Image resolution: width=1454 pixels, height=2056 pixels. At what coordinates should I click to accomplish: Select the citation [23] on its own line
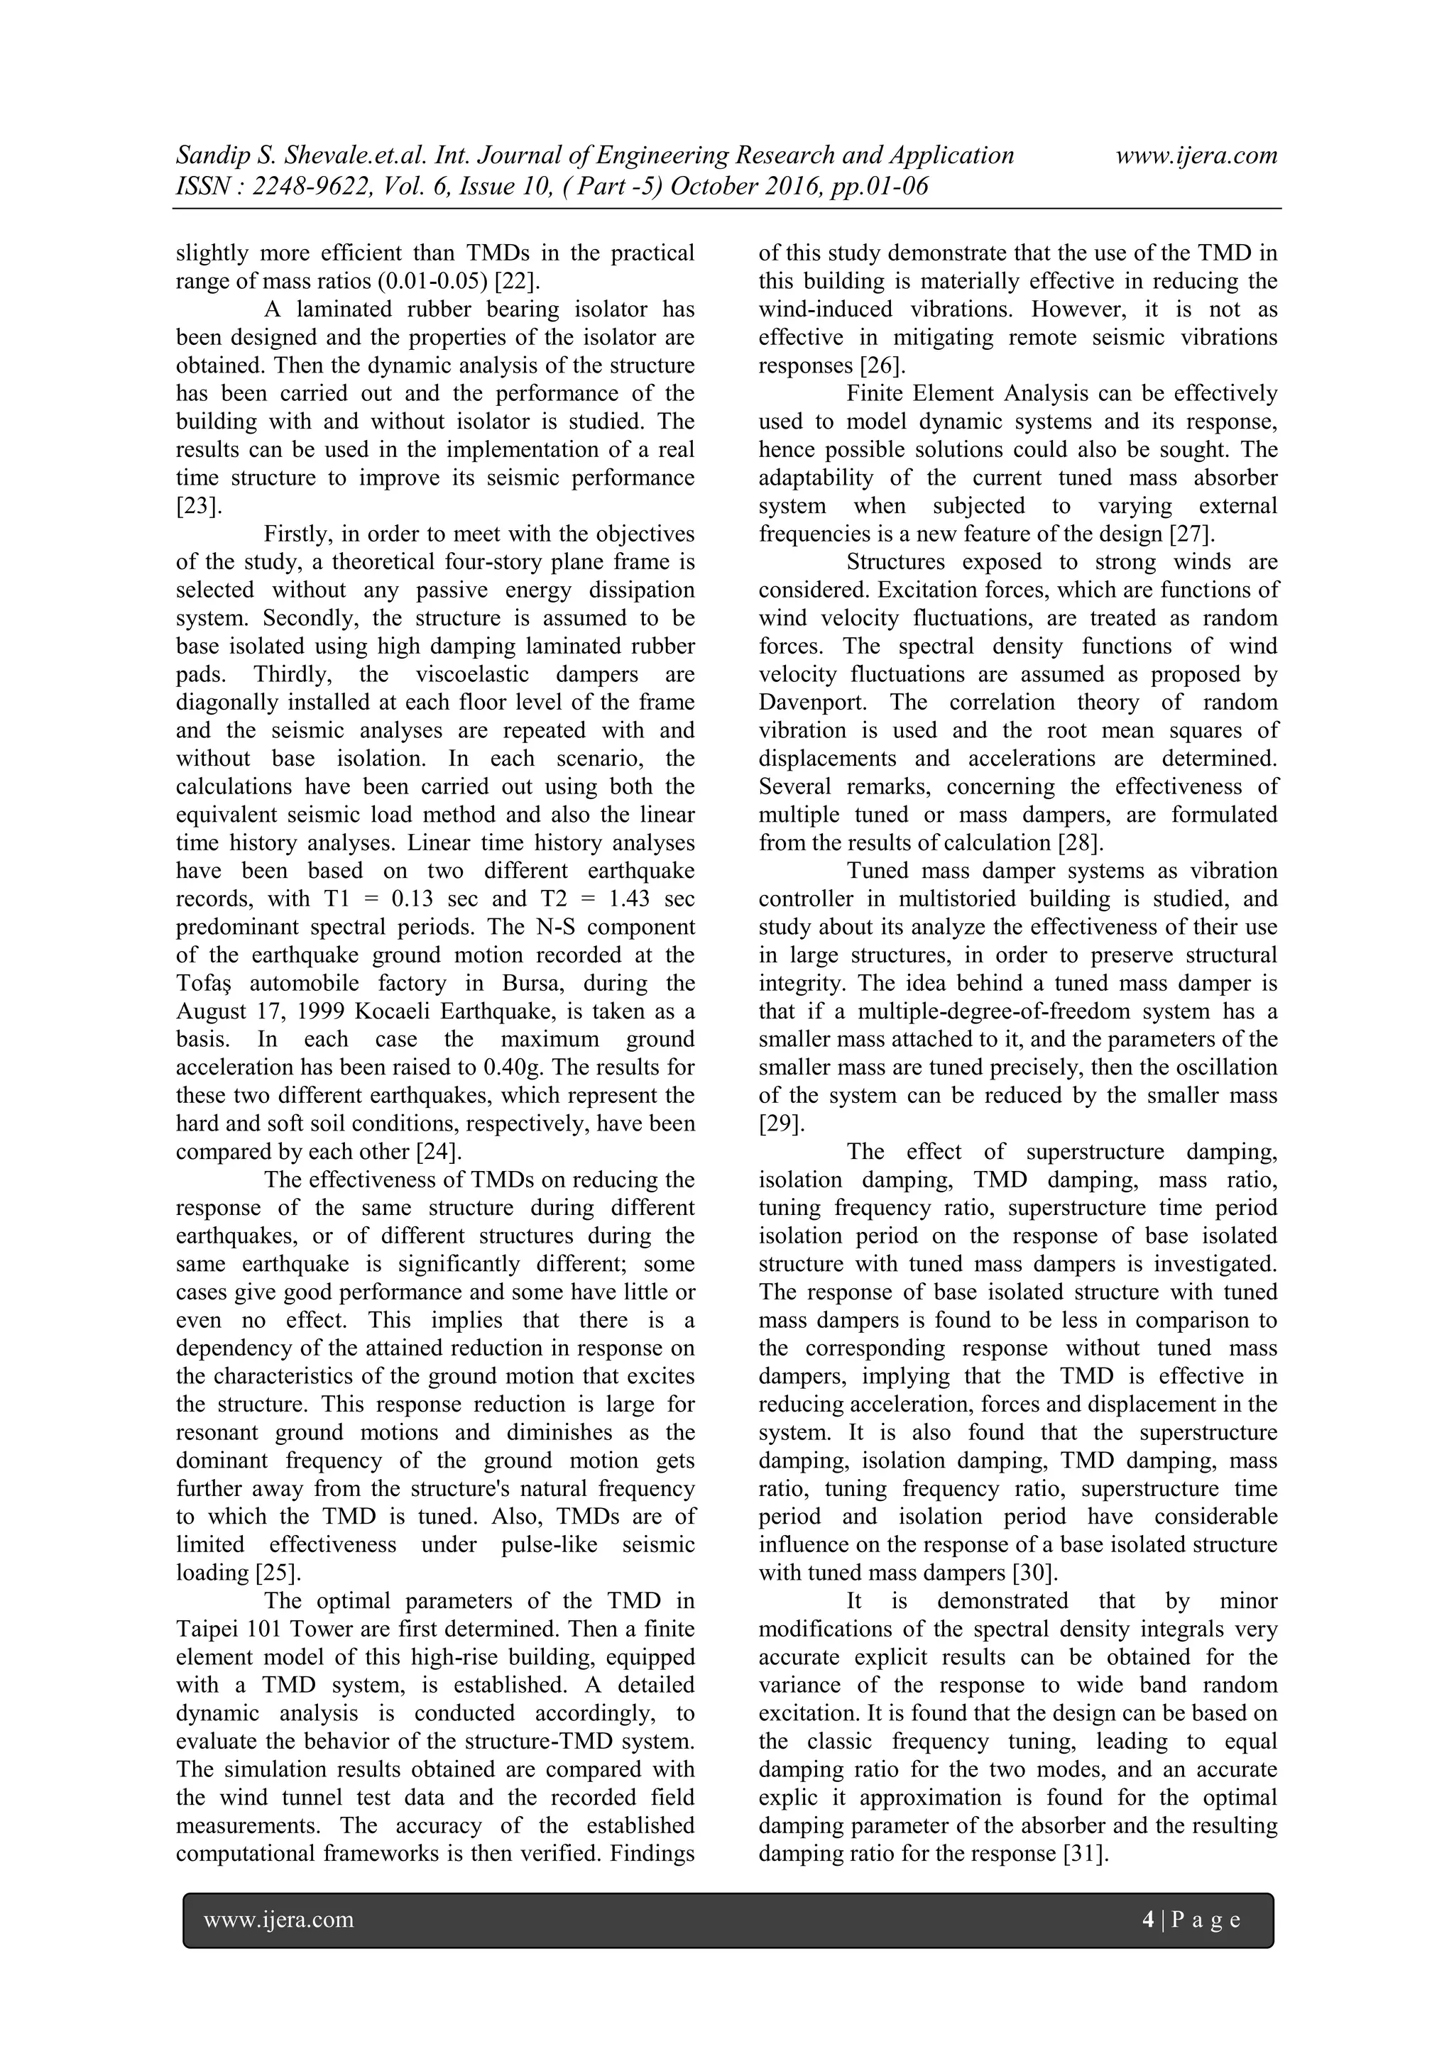tap(198, 506)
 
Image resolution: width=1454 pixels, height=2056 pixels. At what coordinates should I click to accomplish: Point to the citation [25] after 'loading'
tap(277, 1573)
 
